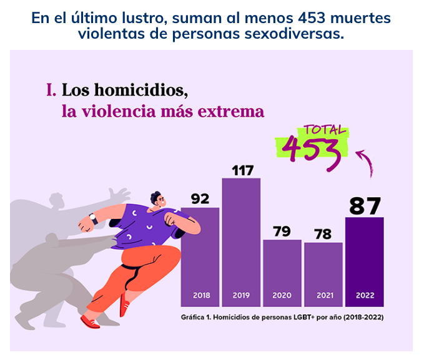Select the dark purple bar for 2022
click(364, 256)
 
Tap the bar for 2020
click(282, 265)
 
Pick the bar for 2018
click(200, 250)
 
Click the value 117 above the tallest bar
click(241, 170)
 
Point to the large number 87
click(365, 205)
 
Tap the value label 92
click(200, 198)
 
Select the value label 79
click(282, 231)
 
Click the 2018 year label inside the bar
click(200, 295)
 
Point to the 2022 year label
click(364, 295)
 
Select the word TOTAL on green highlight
click(323, 131)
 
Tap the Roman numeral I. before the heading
click(51, 90)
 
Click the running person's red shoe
click(91, 321)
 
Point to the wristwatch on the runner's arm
click(93, 218)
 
